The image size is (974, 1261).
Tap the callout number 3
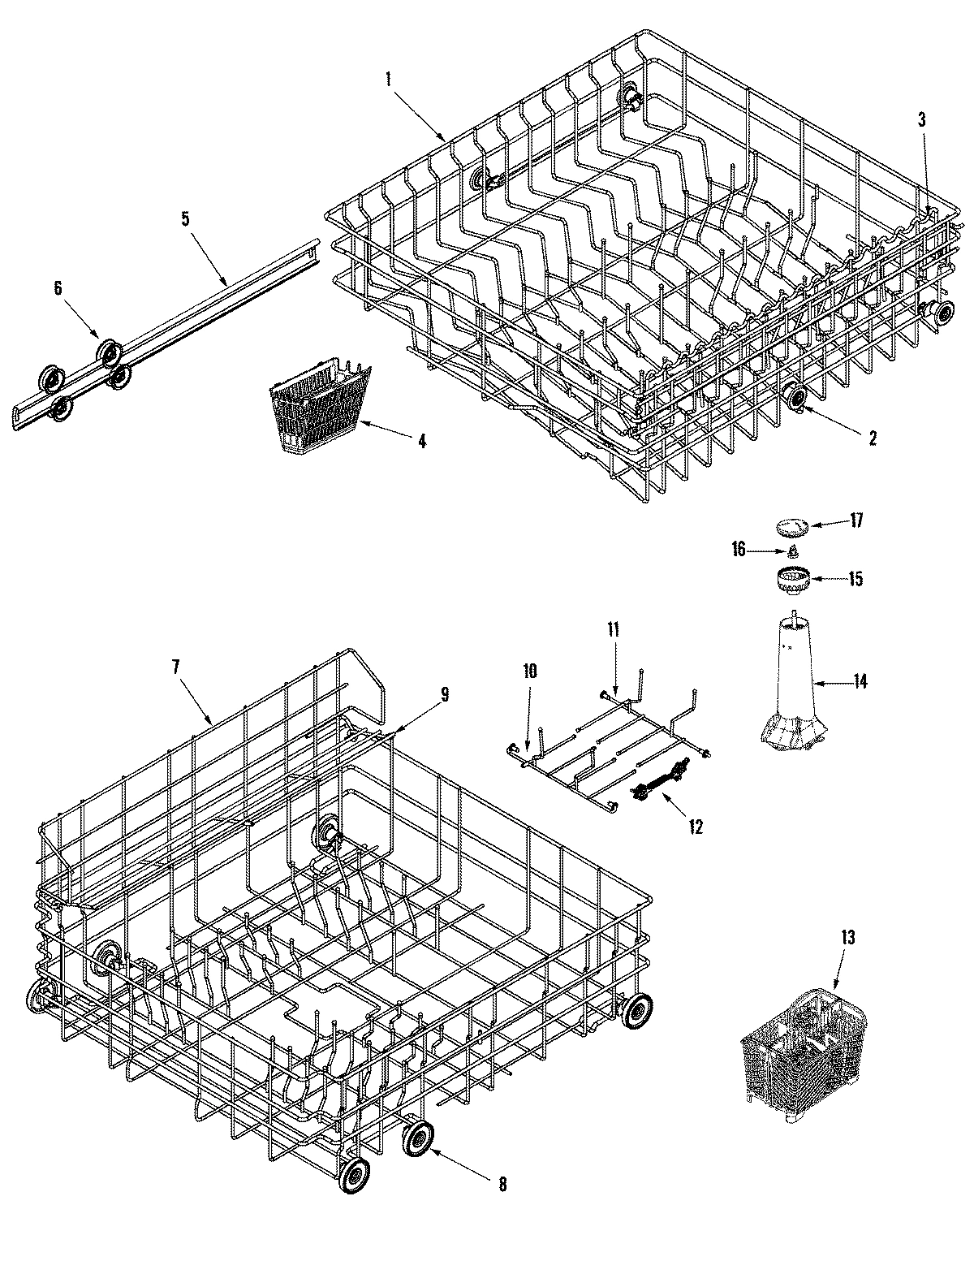point(922,119)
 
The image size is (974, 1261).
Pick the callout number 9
point(444,694)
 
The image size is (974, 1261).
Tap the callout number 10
point(529,672)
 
